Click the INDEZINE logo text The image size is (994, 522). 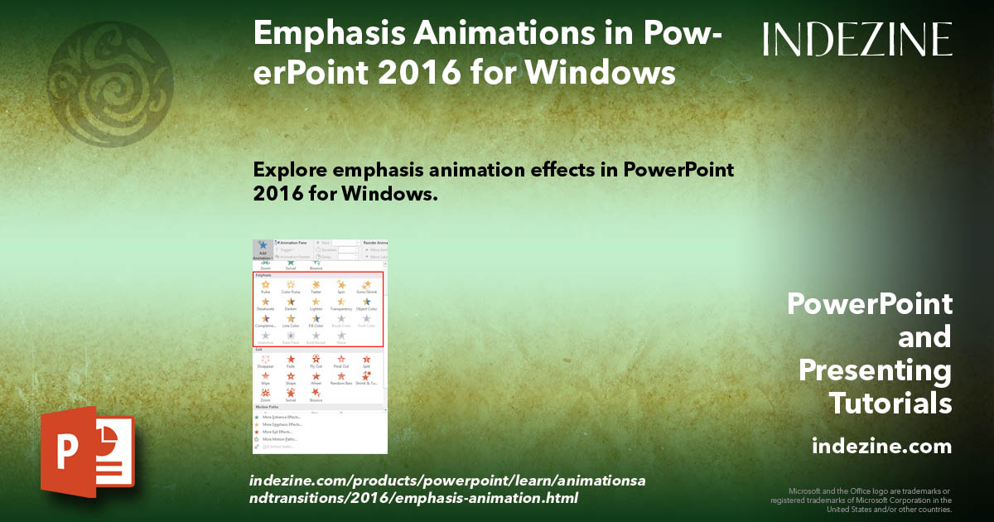tap(857, 39)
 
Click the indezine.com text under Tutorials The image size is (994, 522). tap(882, 447)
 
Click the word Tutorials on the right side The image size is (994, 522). tap(890, 404)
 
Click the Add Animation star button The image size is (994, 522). tap(263, 246)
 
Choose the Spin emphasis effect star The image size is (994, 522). tap(340, 285)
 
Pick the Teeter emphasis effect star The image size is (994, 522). tap(316, 285)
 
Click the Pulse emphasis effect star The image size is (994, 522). tap(266, 285)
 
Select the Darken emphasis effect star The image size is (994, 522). tap(291, 302)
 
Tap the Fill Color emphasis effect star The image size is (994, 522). tap(316, 318)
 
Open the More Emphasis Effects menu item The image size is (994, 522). tap(282, 424)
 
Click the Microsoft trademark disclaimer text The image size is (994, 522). tap(861, 500)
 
